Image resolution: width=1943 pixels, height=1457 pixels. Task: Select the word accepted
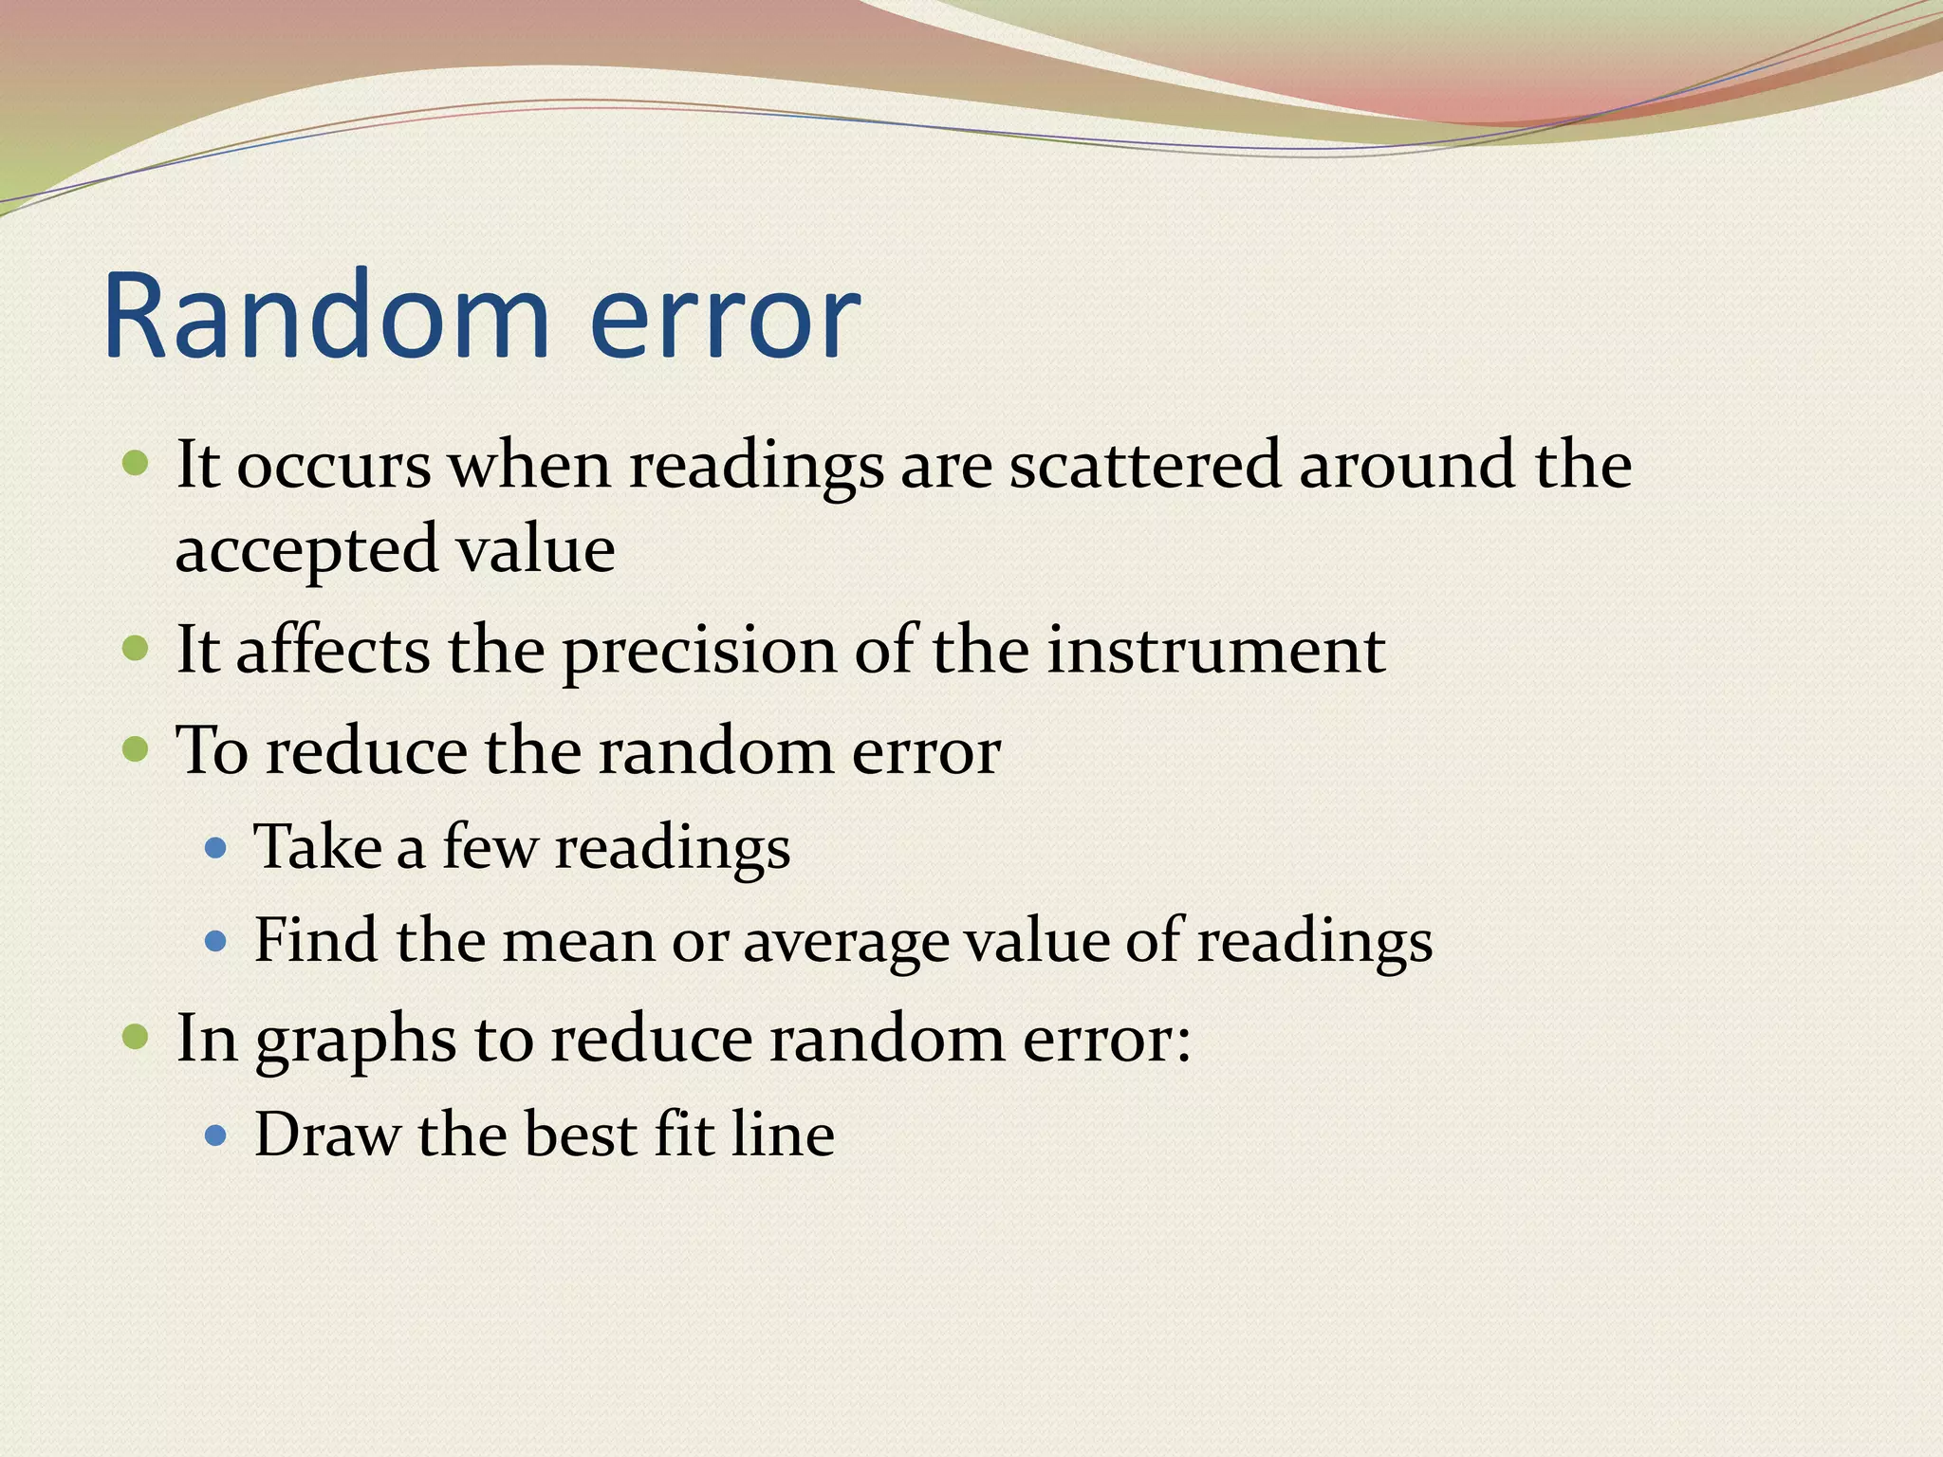[306, 550]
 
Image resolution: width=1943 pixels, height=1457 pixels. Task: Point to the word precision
[700, 652]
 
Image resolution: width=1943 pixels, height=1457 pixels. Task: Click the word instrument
[1215, 652]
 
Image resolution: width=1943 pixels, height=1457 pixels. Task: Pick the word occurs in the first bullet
[333, 467]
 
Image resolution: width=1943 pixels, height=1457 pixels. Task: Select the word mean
[578, 942]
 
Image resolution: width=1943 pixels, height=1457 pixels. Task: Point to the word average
[845, 942]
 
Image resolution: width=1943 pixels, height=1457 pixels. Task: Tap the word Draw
[326, 1134]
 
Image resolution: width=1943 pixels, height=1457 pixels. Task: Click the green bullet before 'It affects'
[137, 650]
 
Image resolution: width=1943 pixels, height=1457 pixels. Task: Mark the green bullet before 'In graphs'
[137, 1037]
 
